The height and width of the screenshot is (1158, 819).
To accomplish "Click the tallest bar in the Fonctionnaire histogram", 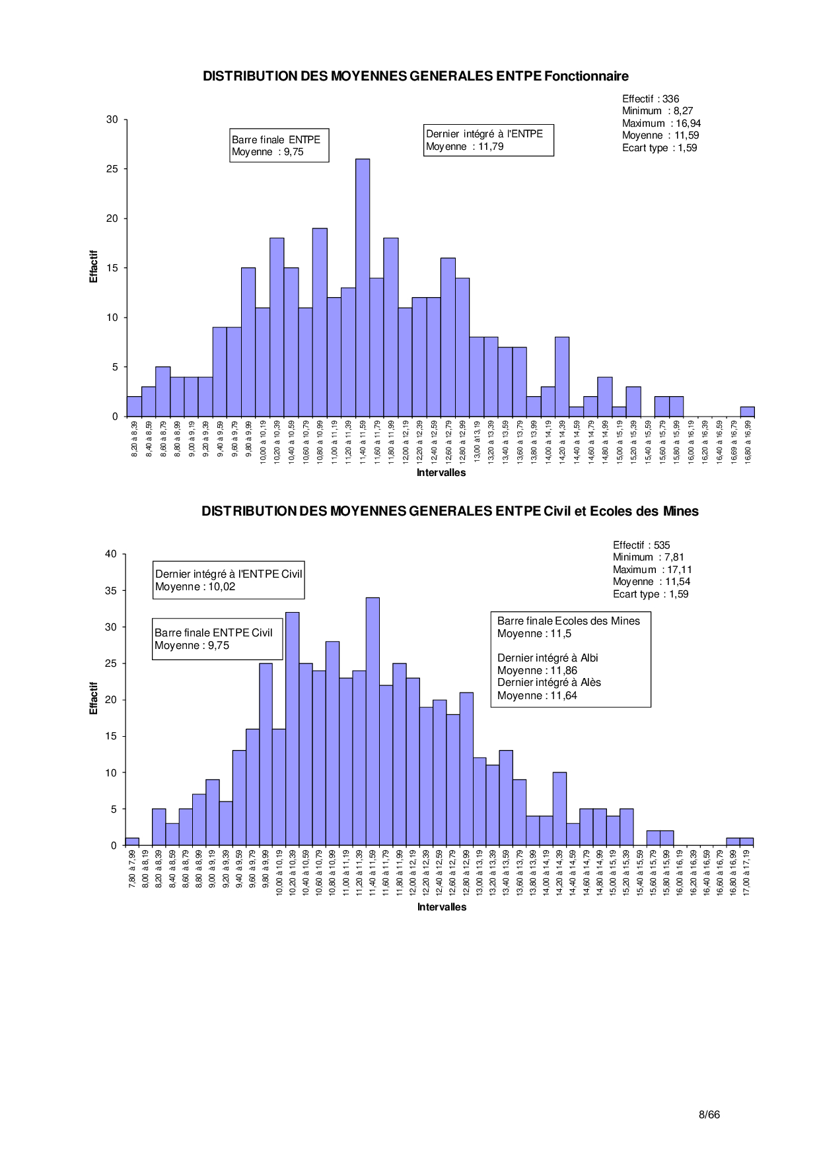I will pyautogui.click(x=363, y=287).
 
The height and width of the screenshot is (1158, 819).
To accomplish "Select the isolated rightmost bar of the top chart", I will pyautogui.click(x=747, y=412).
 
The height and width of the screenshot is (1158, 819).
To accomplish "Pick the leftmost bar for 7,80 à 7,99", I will pyautogui.click(x=132, y=842).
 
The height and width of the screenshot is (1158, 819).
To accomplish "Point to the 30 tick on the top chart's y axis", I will pyautogui.click(x=112, y=119).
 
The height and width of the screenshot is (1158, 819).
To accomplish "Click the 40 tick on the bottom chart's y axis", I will pyautogui.click(x=111, y=554).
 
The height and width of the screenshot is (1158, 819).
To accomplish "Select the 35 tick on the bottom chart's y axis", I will pyautogui.click(x=111, y=591).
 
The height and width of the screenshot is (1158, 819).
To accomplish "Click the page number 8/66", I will pyautogui.click(x=709, y=1114).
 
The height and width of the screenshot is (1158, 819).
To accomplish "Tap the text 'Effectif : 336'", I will pyautogui.click(x=651, y=99).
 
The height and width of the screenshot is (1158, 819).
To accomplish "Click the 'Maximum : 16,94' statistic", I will pyautogui.click(x=661, y=123).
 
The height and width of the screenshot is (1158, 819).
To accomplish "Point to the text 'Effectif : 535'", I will pyautogui.click(x=641, y=545).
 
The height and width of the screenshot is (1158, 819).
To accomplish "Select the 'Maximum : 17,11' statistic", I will pyautogui.click(x=652, y=570).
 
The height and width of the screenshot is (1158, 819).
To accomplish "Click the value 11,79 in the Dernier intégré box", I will pyautogui.click(x=491, y=147).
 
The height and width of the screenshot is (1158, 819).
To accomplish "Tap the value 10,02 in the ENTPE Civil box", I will pyautogui.click(x=222, y=587).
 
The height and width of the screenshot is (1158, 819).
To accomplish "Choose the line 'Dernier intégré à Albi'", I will pyautogui.click(x=548, y=658).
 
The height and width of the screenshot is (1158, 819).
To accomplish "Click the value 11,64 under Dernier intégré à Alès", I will pyautogui.click(x=563, y=695).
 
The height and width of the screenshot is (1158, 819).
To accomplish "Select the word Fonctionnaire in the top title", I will pyautogui.click(x=587, y=77).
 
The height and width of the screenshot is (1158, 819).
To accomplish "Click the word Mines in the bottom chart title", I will pyautogui.click(x=680, y=512).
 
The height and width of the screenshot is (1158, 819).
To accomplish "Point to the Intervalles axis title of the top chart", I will pyautogui.click(x=441, y=473).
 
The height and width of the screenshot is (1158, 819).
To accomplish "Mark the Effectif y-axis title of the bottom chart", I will pyautogui.click(x=94, y=698).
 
